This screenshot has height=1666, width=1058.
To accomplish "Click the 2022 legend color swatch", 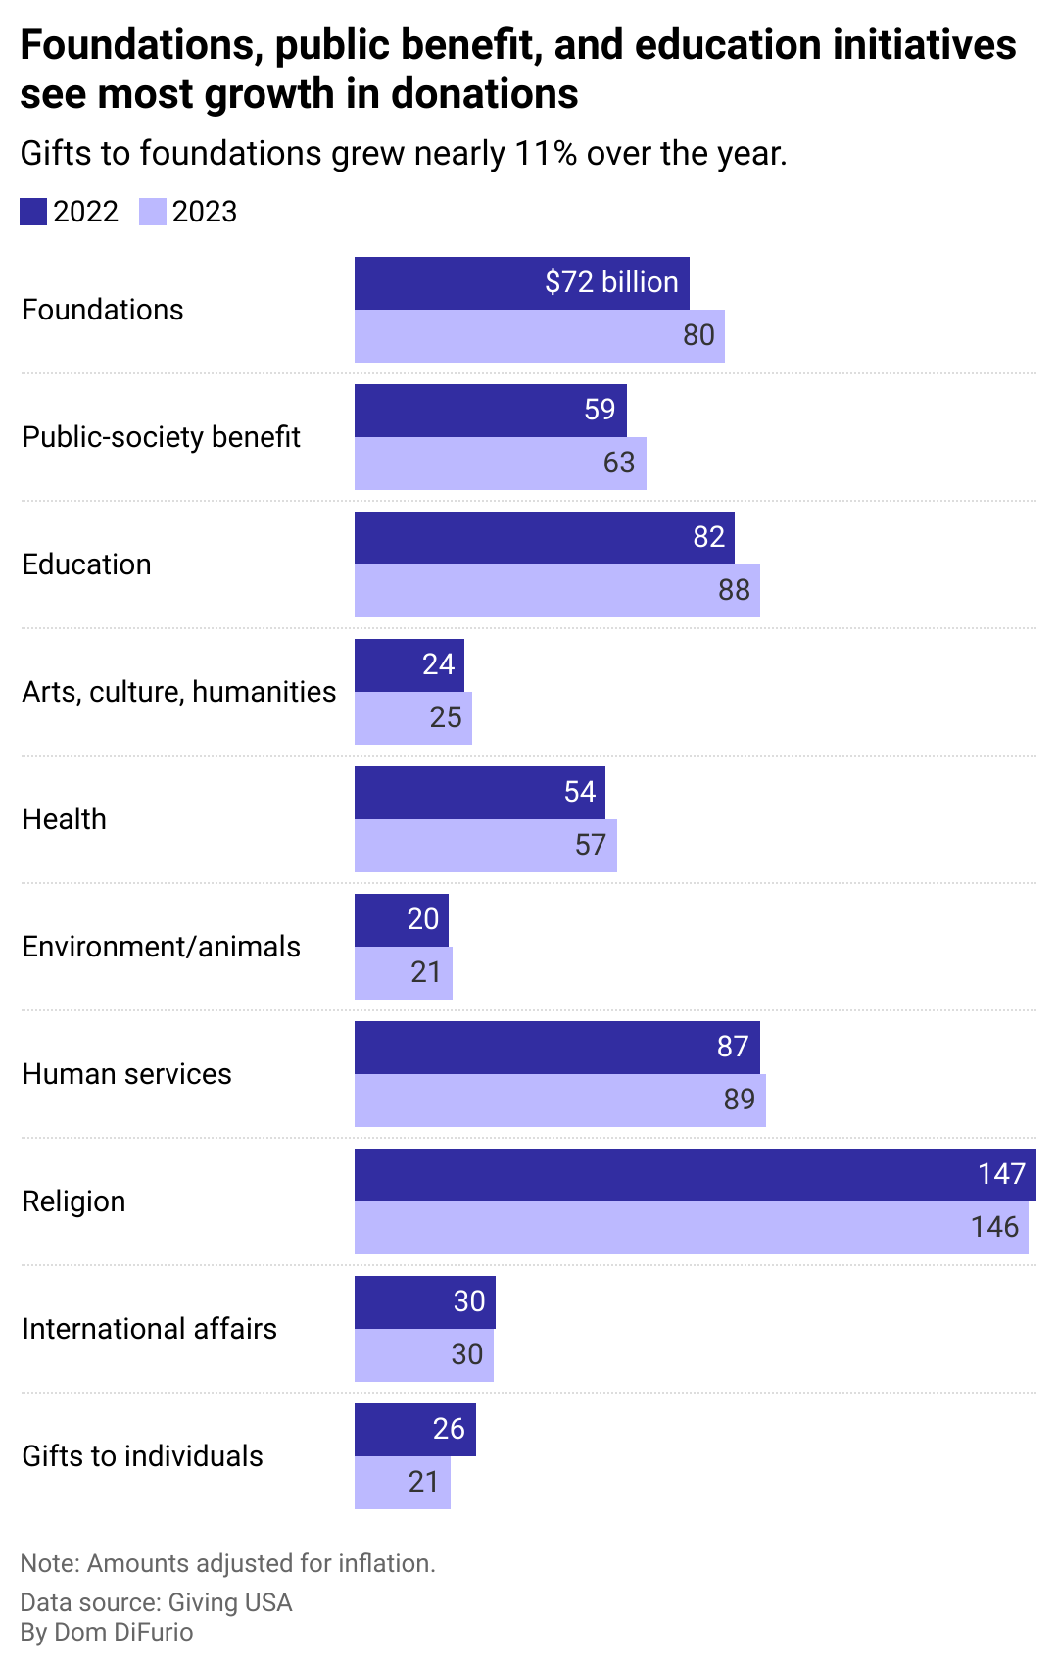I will pyautogui.click(x=33, y=212).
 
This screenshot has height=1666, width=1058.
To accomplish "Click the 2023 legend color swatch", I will pyautogui.click(x=153, y=212).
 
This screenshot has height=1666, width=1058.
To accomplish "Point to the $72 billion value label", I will pyautogui.click(x=611, y=282).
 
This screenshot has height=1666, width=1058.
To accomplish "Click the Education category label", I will pyautogui.click(x=86, y=564).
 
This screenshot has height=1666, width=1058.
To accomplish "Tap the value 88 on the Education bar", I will pyautogui.click(x=734, y=590).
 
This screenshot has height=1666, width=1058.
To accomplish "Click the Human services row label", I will pyautogui.click(x=126, y=1074).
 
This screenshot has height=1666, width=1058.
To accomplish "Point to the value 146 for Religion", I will pyautogui.click(x=994, y=1227).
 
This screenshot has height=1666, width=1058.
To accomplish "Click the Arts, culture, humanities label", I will pyautogui.click(x=178, y=692).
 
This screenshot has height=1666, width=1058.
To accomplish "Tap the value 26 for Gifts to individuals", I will pyautogui.click(x=449, y=1429).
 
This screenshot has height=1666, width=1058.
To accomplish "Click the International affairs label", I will pyautogui.click(x=149, y=1329).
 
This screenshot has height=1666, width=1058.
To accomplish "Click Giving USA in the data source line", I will pyautogui.click(x=230, y=1602).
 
